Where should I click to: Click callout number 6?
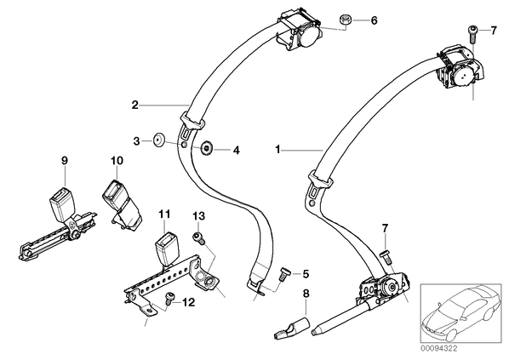pyautogui.click(x=375, y=20)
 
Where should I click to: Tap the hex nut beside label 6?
pyautogui.click(x=345, y=20)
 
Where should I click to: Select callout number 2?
pyautogui.click(x=135, y=105)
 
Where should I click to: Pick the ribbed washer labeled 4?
pyautogui.click(x=206, y=149)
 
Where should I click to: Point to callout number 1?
pyautogui.click(x=277, y=150)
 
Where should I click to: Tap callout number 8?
pyautogui.click(x=306, y=294)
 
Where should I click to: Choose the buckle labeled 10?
pyautogui.click(x=121, y=206)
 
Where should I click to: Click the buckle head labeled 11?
pyautogui.click(x=166, y=249)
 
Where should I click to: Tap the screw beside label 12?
pyautogui.click(x=169, y=299)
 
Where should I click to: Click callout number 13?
pyautogui.click(x=198, y=216)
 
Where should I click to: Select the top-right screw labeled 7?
pyautogui.click(x=472, y=34)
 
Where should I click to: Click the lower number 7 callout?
pyautogui.click(x=385, y=228)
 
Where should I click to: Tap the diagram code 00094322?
pyautogui.click(x=439, y=349)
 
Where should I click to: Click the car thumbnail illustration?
pyautogui.click(x=460, y=311)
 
